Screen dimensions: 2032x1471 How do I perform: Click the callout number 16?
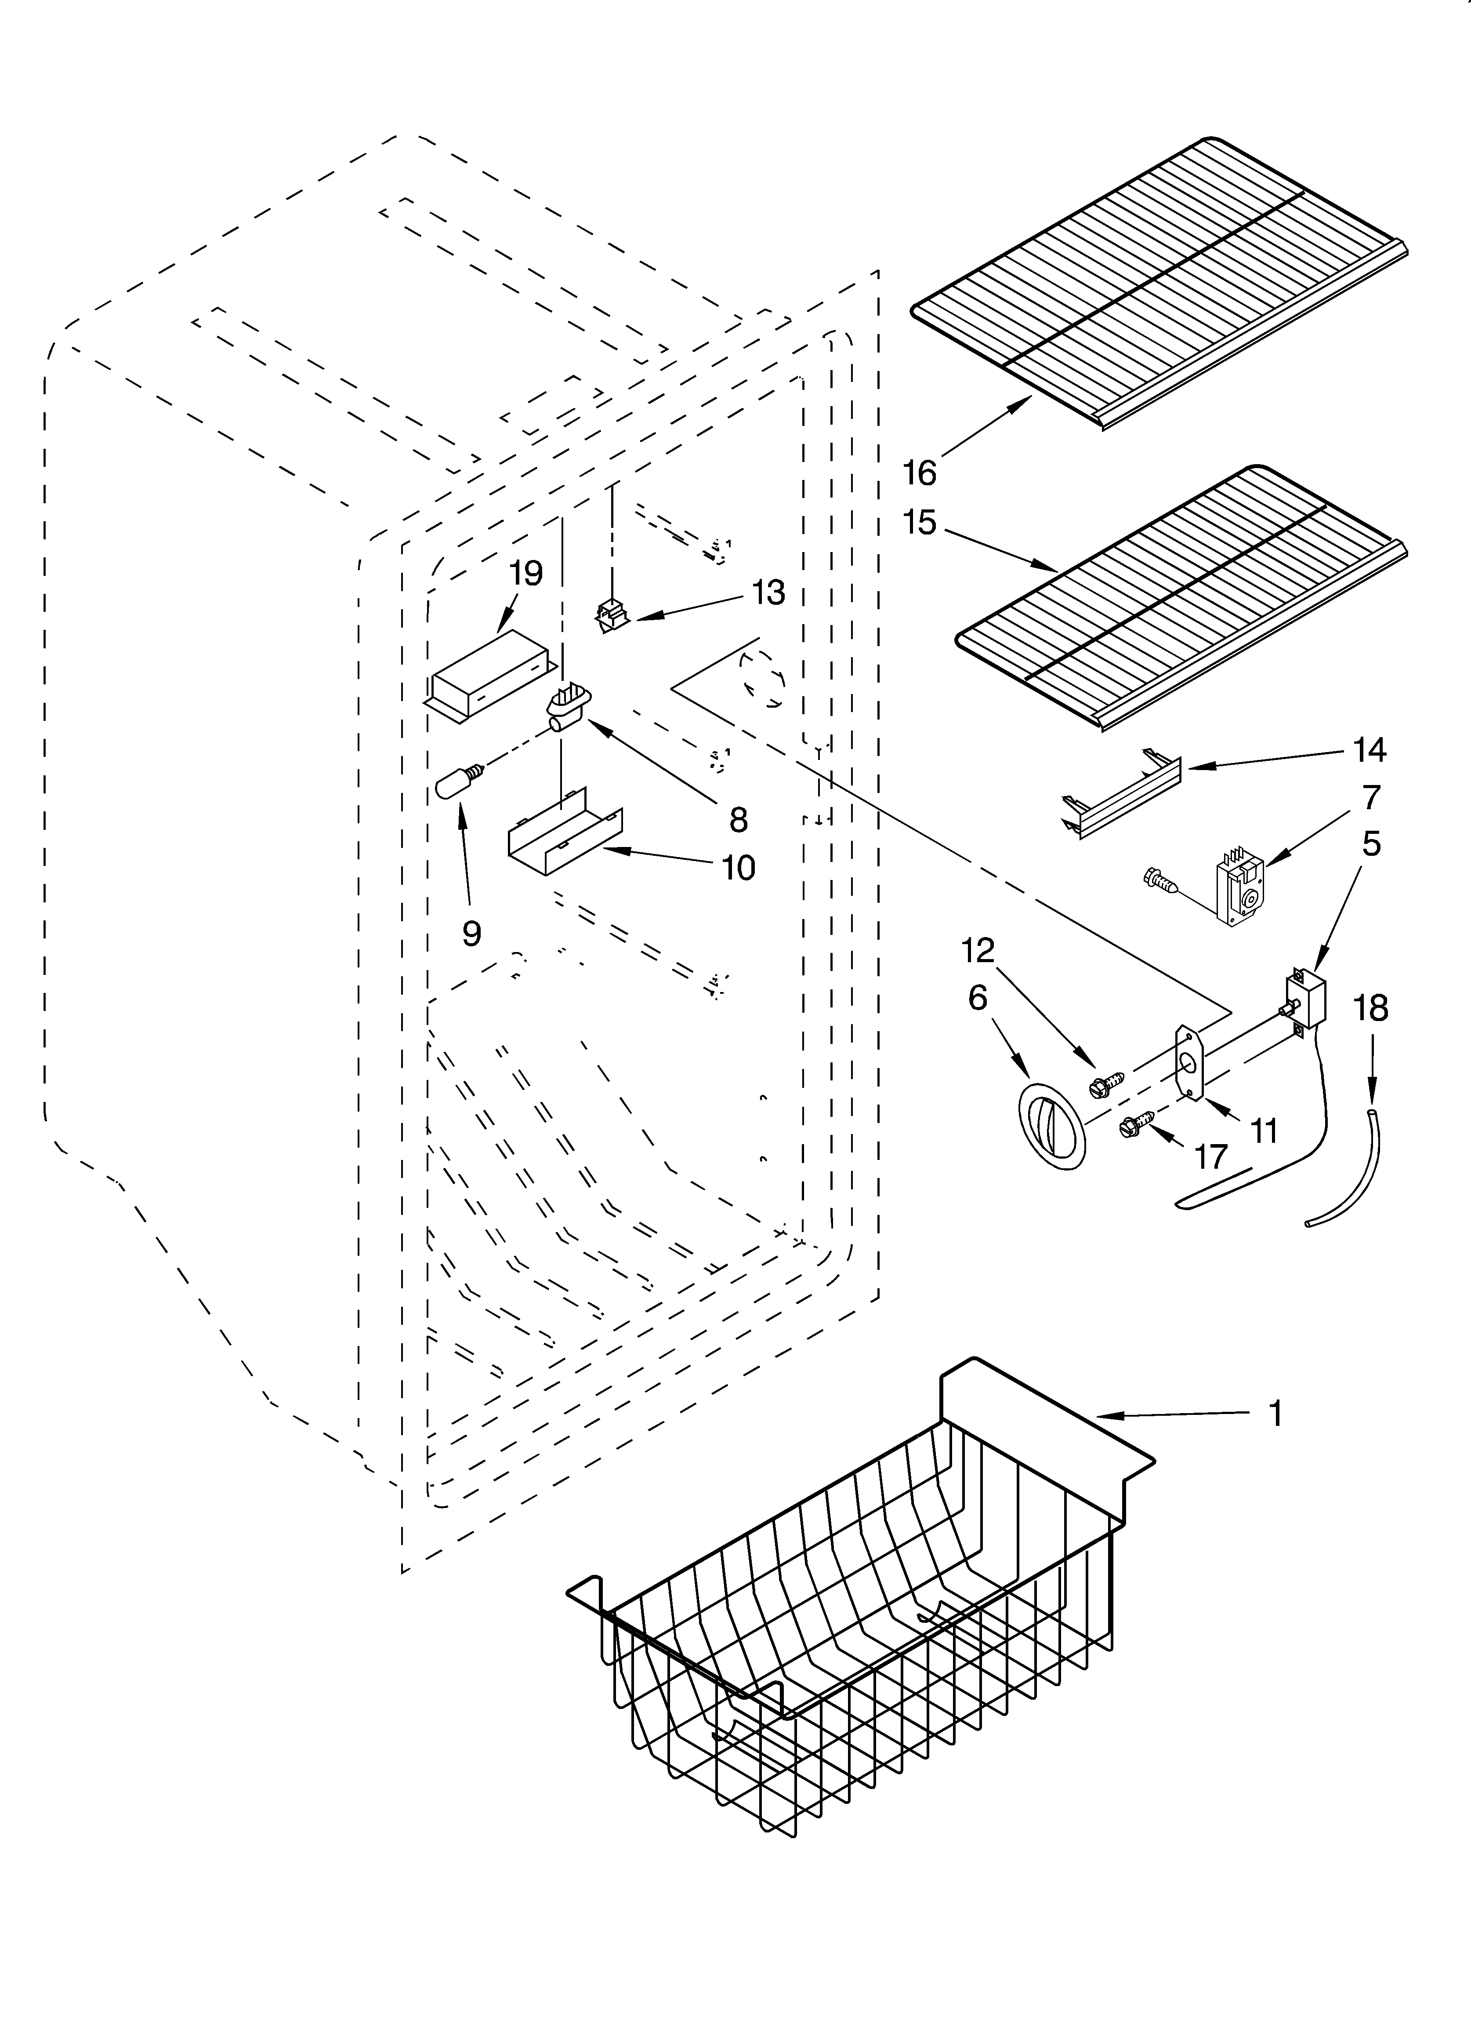(x=919, y=472)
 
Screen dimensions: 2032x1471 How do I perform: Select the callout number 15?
(x=919, y=522)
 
